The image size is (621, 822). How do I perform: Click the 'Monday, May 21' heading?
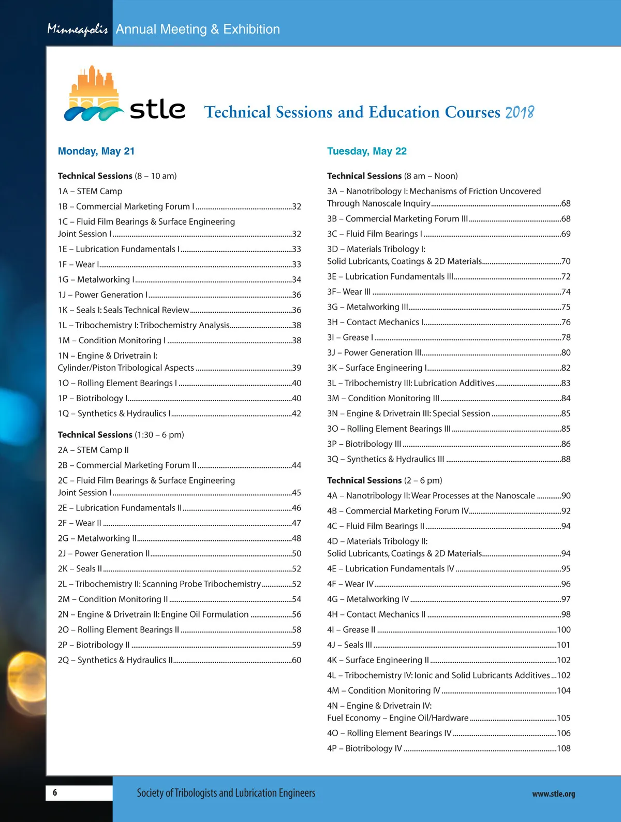pyautogui.click(x=96, y=151)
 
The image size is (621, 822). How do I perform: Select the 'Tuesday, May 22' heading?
pyautogui.click(x=366, y=151)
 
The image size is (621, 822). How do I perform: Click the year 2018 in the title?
pyautogui.click(x=519, y=112)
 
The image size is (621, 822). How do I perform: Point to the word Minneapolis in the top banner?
pyautogui.click(x=77, y=30)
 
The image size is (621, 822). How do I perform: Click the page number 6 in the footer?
pyautogui.click(x=55, y=792)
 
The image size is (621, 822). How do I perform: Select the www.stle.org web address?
pyautogui.click(x=553, y=794)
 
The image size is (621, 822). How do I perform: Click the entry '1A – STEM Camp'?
pyautogui.click(x=90, y=191)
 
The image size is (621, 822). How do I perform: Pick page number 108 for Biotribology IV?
pyautogui.click(x=564, y=748)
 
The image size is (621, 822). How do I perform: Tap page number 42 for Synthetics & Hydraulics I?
pyautogui.click(x=297, y=414)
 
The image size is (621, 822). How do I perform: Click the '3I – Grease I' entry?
pyautogui.click(x=350, y=337)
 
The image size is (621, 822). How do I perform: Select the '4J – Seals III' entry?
pyautogui.click(x=349, y=645)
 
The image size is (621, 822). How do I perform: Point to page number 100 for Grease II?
pyautogui.click(x=564, y=630)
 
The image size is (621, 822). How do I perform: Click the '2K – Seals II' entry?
pyautogui.click(x=80, y=569)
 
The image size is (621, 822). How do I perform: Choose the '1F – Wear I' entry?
pyautogui.click(x=78, y=265)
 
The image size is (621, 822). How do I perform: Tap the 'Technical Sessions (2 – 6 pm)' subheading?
pyautogui.click(x=385, y=480)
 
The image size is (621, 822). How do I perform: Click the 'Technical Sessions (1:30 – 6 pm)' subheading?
pyautogui.click(x=121, y=435)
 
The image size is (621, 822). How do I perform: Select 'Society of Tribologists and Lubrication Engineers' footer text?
pyautogui.click(x=226, y=793)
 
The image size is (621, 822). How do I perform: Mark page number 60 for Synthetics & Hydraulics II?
pyautogui.click(x=297, y=660)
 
